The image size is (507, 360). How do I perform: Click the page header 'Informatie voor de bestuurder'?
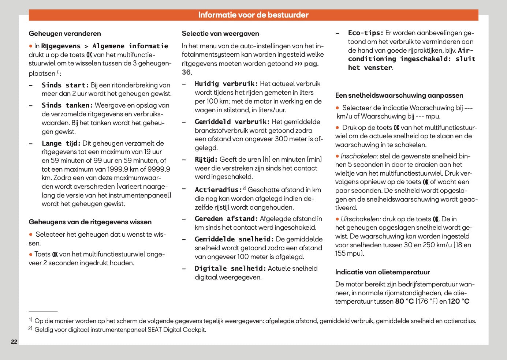click(253, 15)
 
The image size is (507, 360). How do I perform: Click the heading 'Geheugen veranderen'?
click(65, 34)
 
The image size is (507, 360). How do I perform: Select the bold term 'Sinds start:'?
click(65, 85)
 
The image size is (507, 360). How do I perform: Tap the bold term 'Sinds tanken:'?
click(67, 105)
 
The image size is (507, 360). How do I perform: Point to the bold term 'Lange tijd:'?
click(61, 143)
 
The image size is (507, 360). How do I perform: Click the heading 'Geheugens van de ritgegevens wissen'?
click(90, 222)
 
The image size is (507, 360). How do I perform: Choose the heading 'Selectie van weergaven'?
click(220, 34)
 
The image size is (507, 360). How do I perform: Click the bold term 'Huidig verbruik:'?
click(226, 84)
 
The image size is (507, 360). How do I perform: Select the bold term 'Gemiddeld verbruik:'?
click(232, 122)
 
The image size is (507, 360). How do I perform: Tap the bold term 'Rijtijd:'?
click(206, 160)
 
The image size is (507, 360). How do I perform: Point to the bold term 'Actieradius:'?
click(218, 190)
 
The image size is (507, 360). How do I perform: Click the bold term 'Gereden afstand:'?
click(226, 219)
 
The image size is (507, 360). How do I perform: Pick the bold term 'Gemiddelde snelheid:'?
click(234, 239)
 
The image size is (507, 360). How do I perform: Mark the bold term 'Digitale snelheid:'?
click(230, 269)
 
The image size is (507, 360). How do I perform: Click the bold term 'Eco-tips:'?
click(365, 33)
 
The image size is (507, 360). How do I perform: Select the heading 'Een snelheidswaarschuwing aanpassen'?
click(399, 95)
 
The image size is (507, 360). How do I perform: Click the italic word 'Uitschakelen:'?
click(361, 219)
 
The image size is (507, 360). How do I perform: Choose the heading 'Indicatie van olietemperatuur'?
click(383, 272)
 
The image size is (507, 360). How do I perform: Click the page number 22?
click(14, 342)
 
